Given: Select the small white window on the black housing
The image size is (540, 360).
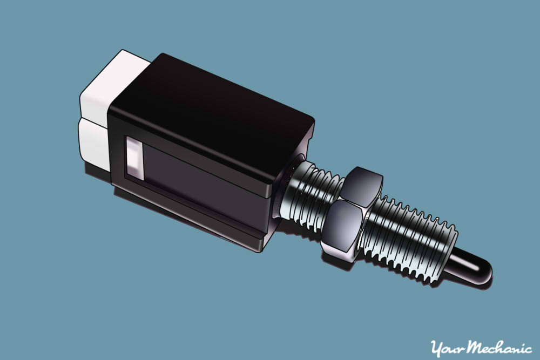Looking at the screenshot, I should click(x=135, y=158).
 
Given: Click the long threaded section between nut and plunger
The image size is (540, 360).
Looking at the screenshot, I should click(x=410, y=237).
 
